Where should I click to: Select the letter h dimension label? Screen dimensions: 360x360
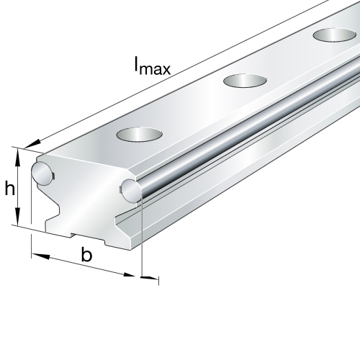[9, 189]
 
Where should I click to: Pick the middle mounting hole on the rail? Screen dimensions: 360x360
[246, 80]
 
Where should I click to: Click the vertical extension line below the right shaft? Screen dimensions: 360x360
[141, 238]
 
